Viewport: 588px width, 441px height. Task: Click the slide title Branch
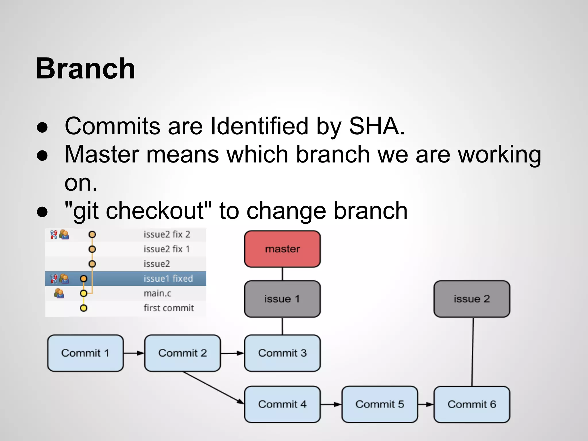85,69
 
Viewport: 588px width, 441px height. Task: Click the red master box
282,249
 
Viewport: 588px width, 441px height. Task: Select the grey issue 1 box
282,299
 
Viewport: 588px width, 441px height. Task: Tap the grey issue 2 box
472,299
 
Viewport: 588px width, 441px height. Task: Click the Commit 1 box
85,353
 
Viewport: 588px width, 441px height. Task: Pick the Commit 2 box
183,353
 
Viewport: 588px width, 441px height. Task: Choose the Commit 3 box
282,353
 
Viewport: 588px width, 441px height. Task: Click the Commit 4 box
282,404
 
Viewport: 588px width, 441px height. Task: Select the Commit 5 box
380,404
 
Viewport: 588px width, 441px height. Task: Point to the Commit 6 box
472,404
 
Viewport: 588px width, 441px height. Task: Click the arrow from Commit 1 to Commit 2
134,353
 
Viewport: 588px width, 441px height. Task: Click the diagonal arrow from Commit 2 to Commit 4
214,388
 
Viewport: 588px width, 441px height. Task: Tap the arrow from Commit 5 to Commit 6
425,404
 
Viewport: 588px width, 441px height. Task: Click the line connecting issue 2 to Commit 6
473,352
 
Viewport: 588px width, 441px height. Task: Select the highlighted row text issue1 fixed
168,278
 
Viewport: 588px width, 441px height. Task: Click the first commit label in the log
169,308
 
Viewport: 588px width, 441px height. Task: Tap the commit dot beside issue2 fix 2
92,235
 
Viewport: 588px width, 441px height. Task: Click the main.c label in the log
157,293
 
